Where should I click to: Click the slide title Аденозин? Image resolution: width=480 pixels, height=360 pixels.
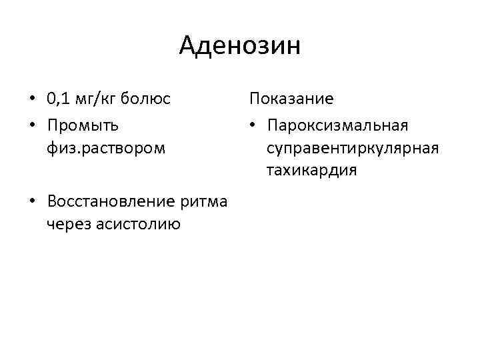pyautogui.click(x=240, y=46)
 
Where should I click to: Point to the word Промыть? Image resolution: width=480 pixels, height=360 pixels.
pyautogui.click(x=83, y=125)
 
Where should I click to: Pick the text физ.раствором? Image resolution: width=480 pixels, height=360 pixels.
pyautogui.click(x=105, y=147)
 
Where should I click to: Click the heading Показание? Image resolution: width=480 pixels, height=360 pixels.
pyautogui.click(x=291, y=99)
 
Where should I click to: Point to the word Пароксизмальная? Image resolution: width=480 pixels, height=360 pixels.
pyautogui.click(x=337, y=125)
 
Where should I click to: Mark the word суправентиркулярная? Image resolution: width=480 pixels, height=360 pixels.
pyautogui.click(x=353, y=147)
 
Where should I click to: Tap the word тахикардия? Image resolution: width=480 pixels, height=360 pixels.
pyautogui.click(x=311, y=170)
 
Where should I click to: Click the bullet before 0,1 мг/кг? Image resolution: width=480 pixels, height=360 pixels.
pyautogui.click(x=32, y=100)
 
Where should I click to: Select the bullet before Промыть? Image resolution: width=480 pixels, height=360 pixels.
pyautogui.click(x=32, y=125)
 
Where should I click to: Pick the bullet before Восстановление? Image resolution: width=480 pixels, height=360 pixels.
pyautogui.click(x=32, y=201)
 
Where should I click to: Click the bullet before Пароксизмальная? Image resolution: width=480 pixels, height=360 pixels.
pyautogui.click(x=253, y=125)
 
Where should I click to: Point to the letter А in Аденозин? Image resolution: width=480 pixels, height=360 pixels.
pyautogui.click(x=189, y=46)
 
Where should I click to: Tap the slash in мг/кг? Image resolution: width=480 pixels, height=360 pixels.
pyautogui.click(x=98, y=100)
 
